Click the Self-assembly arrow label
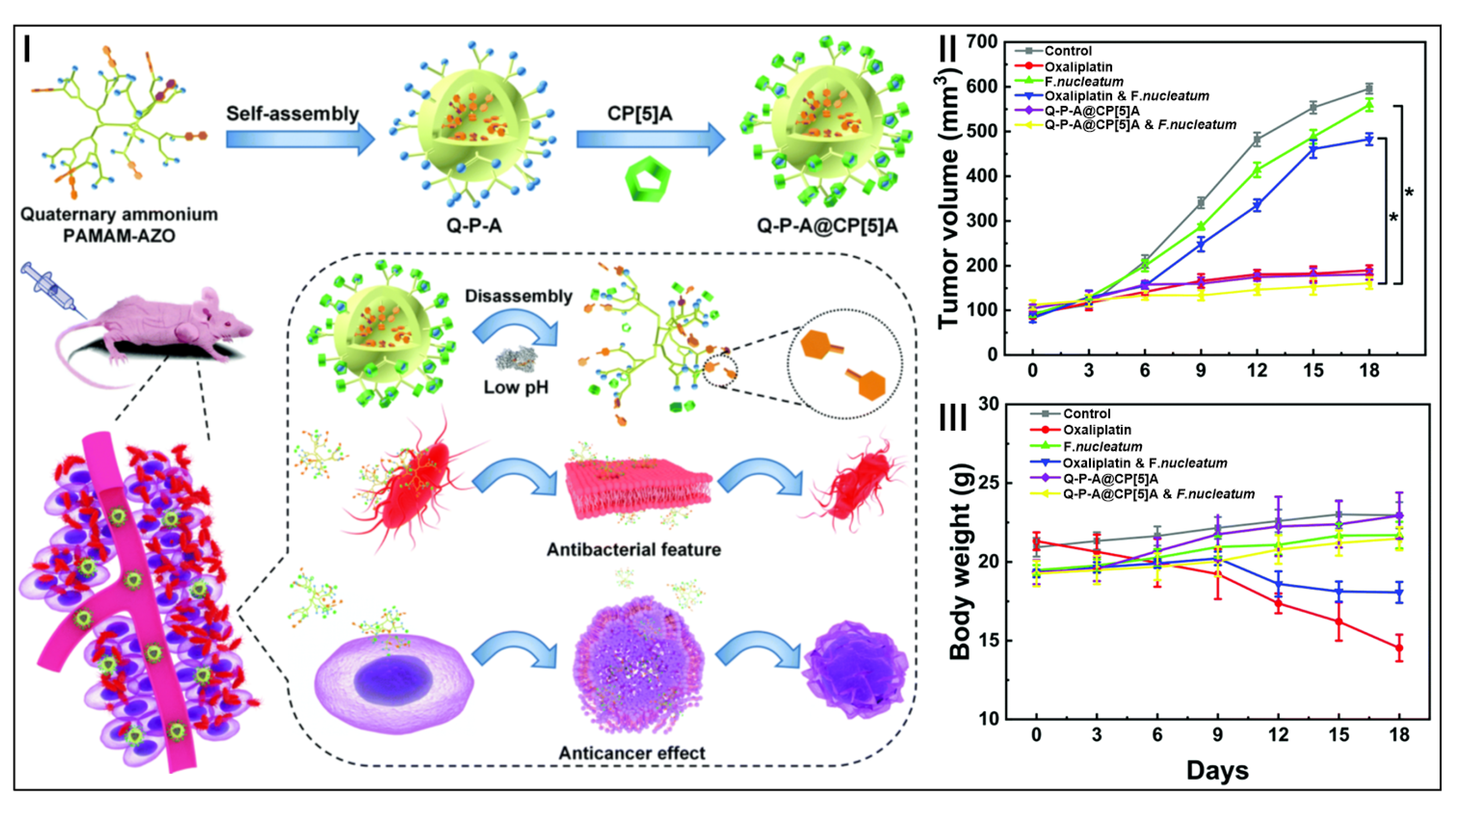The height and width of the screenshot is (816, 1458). [x=292, y=114]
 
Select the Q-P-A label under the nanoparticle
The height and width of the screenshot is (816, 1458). [x=474, y=226]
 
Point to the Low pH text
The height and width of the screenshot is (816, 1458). [x=516, y=387]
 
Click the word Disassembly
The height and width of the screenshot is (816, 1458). [x=518, y=296]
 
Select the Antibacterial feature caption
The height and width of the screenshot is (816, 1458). [x=633, y=550]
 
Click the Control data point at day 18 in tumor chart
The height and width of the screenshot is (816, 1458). [x=1369, y=89]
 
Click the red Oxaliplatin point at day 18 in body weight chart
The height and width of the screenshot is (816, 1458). [x=1399, y=649]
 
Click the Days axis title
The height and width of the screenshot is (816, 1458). [x=1217, y=771]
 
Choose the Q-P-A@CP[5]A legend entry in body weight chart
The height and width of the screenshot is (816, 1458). [x=1109, y=479]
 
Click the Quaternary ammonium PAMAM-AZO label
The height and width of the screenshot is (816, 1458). [x=119, y=225]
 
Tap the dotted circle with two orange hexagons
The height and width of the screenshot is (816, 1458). [x=844, y=364]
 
